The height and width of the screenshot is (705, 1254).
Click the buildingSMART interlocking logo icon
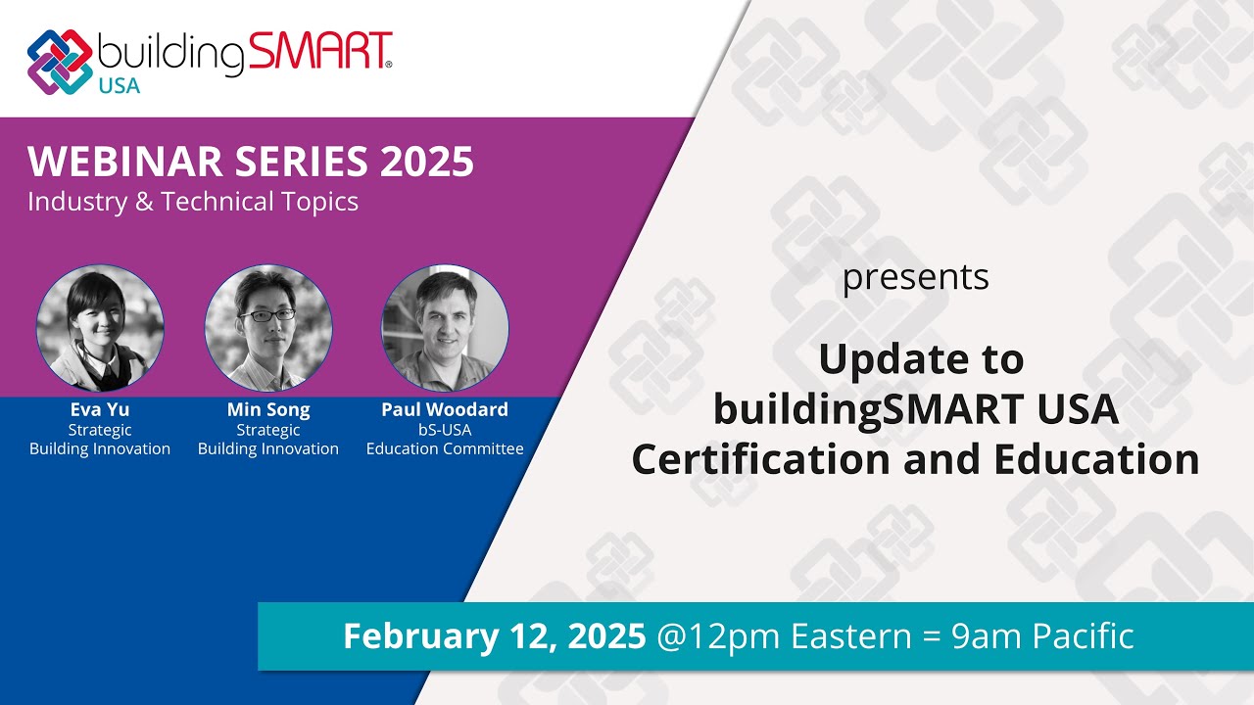pyautogui.click(x=60, y=61)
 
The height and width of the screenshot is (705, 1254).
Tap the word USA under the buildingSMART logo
pyautogui.click(x=119, y=85)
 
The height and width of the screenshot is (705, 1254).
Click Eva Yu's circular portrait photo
pyautogui.click(x=100, y=328)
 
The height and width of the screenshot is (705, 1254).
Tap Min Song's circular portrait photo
pyautogui.click(x=268, y=328)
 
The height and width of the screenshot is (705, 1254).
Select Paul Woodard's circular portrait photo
pyautogui.click(x=445, y=328)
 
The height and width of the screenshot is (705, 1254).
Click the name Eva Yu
pyautogui.click(x=100, y=410)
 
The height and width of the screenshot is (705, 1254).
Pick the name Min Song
pyautogui.click(x=268, y=410)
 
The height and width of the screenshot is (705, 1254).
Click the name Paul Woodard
pyautogui.click(x=445, y=410)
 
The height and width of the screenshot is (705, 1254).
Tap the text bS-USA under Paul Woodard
pyautogui.click(x=445, y=430)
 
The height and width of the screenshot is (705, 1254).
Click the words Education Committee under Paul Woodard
pyautogui.click(x=445, y=449)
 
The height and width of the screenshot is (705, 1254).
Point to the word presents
pyautogui.click(x=915, y=278)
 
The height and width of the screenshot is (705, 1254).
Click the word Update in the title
pyautogui.click(x=888, y=360)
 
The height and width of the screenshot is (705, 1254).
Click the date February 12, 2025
pyautogui.click(x=494, y=636)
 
